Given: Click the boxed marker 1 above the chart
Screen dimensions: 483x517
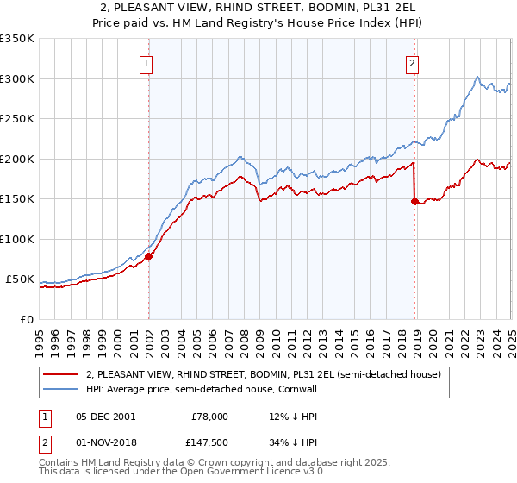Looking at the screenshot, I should pyautogui.click(x=146, y=63).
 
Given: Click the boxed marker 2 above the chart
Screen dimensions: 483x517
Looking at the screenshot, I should pyautogui.click(x=413, y=63).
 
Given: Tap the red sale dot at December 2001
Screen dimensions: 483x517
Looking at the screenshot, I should pyautogui.click(x=148, y=256).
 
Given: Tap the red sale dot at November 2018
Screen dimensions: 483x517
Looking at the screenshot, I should pyautogui.click(x=414, y=201).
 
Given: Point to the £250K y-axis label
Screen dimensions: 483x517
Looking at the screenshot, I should pyautogui.click(x=17, y=118).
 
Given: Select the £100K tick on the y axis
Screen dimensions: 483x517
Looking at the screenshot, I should pyautogui.click(x=17, y=239).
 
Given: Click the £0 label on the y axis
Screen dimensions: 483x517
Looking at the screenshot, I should pyautogui.click(x=26, y=319).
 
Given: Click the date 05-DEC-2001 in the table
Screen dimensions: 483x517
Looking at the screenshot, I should pyautogui.click(x=105, y=416).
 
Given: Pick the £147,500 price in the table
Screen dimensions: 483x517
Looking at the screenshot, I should pyautogui.click(x=209, y=442).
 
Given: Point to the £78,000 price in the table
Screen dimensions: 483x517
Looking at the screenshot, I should pyautogui.click(x=209, y=416).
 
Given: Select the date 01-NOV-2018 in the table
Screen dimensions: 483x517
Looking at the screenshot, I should pyautogui.click(x=105, y=442).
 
